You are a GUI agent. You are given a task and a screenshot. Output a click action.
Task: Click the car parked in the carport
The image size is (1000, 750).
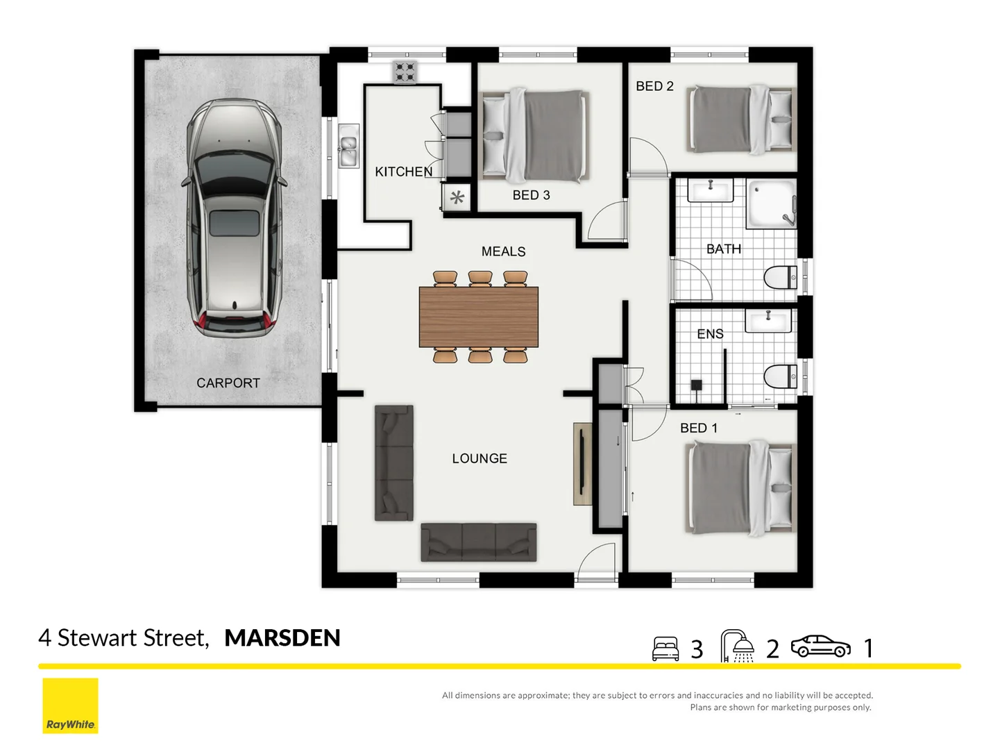pyautogui.click(x=234, y=218)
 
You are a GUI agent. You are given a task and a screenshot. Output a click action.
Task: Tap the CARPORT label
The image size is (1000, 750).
pyautogui.click(x=228, y=383)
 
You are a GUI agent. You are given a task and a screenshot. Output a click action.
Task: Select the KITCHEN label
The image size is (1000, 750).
pyautogui.click(x=403, y=172)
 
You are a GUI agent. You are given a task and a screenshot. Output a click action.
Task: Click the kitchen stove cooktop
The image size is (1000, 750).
pyautogui.click(x=405, y=72)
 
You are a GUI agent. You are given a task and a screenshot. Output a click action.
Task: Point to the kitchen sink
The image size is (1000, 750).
pyautogui.click(x=348, y=147)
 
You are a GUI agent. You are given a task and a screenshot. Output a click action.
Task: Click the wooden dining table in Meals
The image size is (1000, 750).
pyautogui.click(x=479, y=317)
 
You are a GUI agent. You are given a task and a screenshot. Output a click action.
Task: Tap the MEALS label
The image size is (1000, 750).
pyautogui.click(x=503, y=251)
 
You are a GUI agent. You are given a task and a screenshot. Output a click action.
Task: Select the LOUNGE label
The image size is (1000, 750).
pyautogui.click(x=480, y=458)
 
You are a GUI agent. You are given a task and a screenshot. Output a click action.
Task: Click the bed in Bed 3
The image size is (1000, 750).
pyautogui.click(x=534, y=136)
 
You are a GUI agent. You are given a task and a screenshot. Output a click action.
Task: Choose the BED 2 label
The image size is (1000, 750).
pyautogui.click(x=654, y=86)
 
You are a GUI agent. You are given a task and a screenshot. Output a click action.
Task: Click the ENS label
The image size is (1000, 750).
pyautogui.click(x=710, y=334)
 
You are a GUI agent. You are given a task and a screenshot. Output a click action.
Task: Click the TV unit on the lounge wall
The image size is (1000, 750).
pyautogui.click(x=582, y=464)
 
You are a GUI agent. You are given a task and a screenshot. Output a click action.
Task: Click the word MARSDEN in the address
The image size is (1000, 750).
pyautogui.click(x=282, y=637)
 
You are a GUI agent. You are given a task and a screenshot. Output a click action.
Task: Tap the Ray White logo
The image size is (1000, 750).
pyautogui.click(x=70, y=706)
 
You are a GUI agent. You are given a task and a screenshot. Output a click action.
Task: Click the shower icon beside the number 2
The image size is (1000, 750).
pyautogui.click(x=738, y=646)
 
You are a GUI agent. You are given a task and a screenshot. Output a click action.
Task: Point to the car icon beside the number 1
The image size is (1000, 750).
pyautogui.click(x=820, y=646)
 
